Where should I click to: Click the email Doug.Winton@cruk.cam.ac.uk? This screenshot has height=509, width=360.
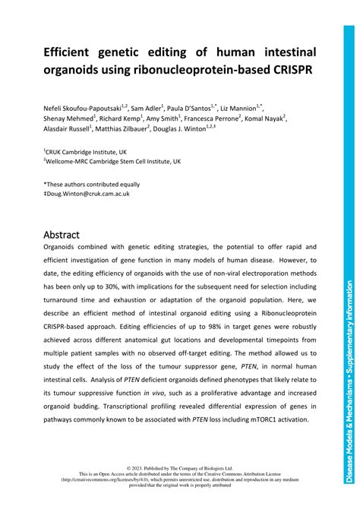[89, 194]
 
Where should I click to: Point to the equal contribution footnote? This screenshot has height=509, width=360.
[92, 184]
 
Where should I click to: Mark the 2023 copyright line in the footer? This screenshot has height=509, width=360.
[180, 469]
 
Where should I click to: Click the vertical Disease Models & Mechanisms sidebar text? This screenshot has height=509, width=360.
[349, 380]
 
